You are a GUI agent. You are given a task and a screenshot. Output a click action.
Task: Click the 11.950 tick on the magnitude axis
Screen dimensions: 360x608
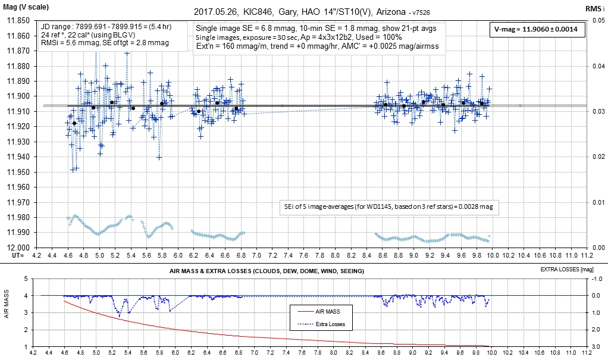(x=18, y=172)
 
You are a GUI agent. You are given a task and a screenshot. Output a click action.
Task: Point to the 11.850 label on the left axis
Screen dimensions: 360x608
(x=18, y=21)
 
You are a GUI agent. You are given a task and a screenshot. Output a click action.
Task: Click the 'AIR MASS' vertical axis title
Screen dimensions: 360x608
(x=7, y=312)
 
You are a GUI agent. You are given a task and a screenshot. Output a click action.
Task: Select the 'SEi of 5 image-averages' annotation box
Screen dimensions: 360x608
(x=389, y=206)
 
